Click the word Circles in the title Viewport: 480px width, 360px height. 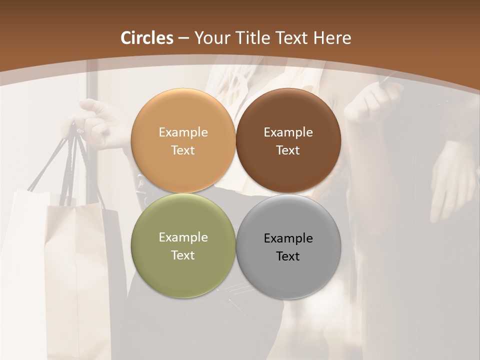(x=147, y=38)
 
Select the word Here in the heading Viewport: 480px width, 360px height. (x=332, y=38)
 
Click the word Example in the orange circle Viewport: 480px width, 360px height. (x=183, y=132)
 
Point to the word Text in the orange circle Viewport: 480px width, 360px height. (x=183, y=150)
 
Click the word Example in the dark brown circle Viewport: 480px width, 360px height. (x=288, y=132)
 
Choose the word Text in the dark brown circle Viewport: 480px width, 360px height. (x=288, y=150)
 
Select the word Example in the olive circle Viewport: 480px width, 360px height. (x=183, y=237)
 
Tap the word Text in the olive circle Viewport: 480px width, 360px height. (x=183, y=255)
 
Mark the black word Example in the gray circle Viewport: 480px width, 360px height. (x=288, y=238)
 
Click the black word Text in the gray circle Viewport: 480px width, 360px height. (x=288, y=256)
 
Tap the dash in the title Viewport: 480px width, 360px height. (x=183, y=38)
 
